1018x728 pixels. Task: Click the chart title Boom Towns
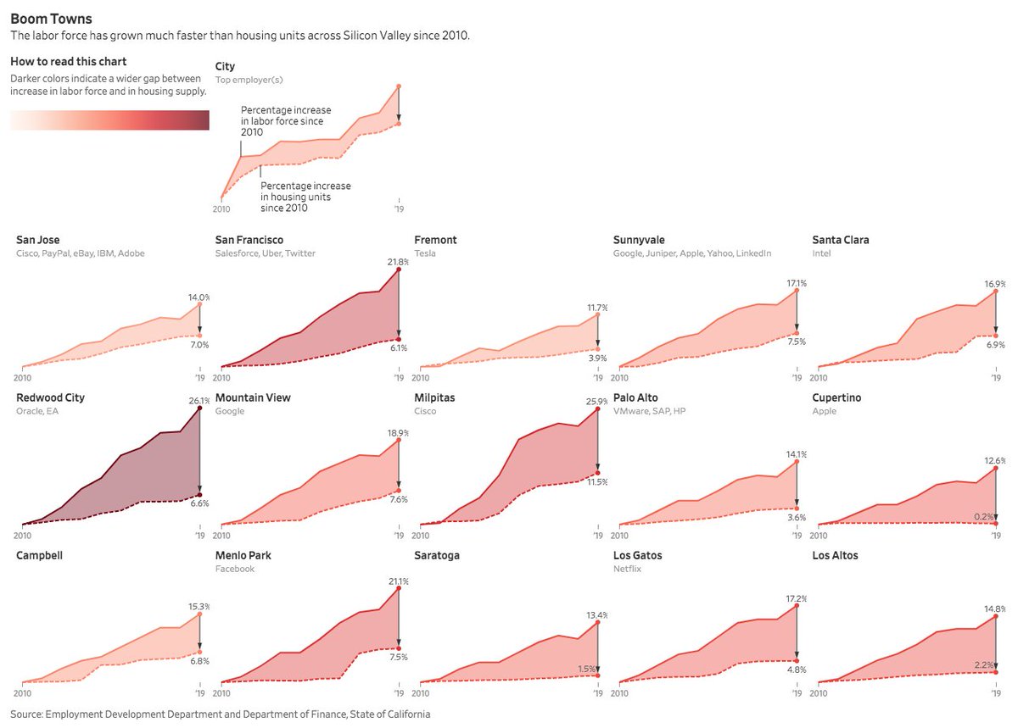(x=52, y=19)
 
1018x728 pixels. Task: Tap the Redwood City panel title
(x=50, y=397)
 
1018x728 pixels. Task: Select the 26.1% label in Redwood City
(x=199, y=401)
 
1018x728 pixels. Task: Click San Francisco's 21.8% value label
(x=399, y=263)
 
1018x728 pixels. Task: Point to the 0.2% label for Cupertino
(x=995, y=516)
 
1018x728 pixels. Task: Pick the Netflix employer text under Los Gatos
(x=626, y=569)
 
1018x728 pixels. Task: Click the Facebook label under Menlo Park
(x=235, y=569)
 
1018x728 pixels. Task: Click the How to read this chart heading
(x=69, y=62)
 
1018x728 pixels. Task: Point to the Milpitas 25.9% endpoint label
(x=597, y=401)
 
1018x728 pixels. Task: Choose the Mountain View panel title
(x=255, y=397)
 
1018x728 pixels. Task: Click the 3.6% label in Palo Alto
(x=797, y=517)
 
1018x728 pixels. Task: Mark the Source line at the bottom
(x=221, y=714)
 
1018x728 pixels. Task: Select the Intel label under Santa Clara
(x=821, y=253)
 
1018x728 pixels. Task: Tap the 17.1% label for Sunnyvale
(x=797, y=283)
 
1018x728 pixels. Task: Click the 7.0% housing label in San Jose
(x=199, y=345)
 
